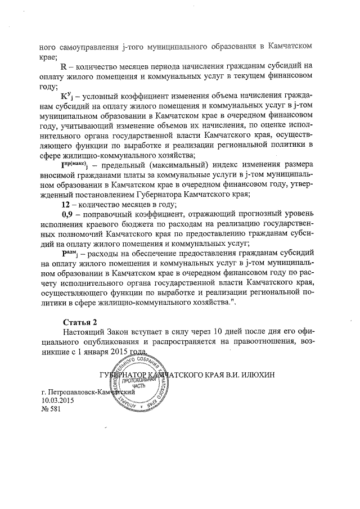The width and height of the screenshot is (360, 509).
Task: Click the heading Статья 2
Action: coord(81,322)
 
